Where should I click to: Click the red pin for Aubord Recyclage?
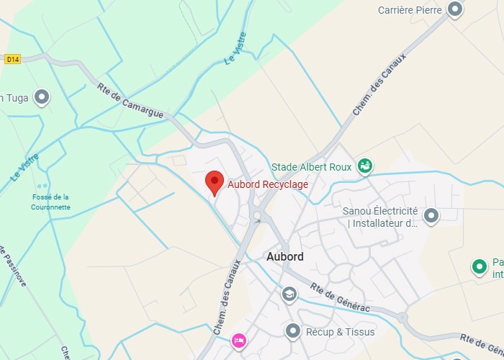(x=214, y=182)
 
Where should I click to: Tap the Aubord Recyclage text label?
(x=268, y=184)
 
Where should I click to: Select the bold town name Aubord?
(x=284, y=256)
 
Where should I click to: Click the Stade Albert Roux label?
(x=311, y=167)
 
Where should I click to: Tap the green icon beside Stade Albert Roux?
(x=366, y=167)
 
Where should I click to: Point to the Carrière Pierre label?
(x=408, y=10)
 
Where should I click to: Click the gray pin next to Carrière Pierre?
(x=455, y=9)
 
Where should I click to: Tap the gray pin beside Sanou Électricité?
(x=431, y=215)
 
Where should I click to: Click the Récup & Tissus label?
(x=341, y=332)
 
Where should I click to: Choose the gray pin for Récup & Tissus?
(x=293, y=331)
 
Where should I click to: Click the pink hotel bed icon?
(x=239, y=340)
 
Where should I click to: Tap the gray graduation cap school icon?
(x=289, y=294)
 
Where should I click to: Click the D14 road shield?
(x=12, y=59)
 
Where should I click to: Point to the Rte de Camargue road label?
(x=130, y=101)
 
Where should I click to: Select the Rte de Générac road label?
(x=340, y=297)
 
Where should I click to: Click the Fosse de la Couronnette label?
(x=50, y=202)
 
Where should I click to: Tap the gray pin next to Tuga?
(x=42, y=96)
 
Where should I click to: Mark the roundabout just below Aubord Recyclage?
(x=257, y=215)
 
